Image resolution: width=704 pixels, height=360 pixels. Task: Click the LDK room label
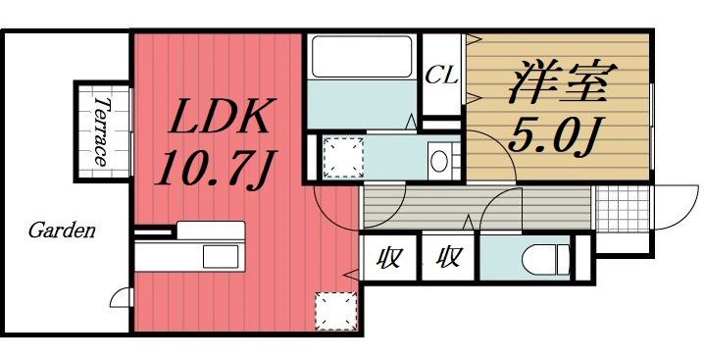click(220, 118)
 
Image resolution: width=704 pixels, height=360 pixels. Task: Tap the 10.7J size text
click(216, 169)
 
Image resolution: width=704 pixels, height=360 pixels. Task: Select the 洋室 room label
click(563, 85)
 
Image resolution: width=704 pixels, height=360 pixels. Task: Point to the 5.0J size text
click(557, 136)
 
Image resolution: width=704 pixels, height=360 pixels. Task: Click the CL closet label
click(442, 76)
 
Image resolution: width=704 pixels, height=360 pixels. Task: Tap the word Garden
click(62, 231)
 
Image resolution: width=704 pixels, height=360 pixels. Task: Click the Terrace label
click(101, 131)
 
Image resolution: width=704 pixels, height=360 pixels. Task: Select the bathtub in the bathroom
click(362, 57)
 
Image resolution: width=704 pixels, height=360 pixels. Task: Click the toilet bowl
click(540, 259)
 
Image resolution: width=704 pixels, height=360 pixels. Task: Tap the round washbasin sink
click(438, 162)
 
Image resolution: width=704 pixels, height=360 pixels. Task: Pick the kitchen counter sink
click(221, 257)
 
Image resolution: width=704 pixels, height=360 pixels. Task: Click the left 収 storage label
click(388, 258)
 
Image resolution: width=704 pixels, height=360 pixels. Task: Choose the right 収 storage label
click(449, 258)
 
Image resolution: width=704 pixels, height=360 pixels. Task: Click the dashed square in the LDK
click(336, 311)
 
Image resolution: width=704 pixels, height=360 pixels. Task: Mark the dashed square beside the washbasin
click(343, 158)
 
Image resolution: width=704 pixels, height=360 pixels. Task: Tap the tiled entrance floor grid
click(623, 208)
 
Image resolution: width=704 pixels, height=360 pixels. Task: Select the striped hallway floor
click(477, 207)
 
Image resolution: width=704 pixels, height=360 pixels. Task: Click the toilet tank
click(564, 259)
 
